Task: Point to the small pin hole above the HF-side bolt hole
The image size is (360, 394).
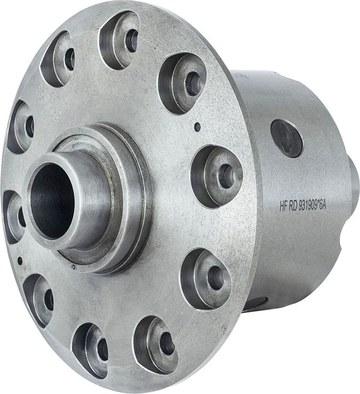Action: (197, 127)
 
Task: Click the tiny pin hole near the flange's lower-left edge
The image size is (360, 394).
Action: (20, 260)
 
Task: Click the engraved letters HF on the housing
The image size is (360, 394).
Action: (284, 206)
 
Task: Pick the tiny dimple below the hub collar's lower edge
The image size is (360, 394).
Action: (73, 268)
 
